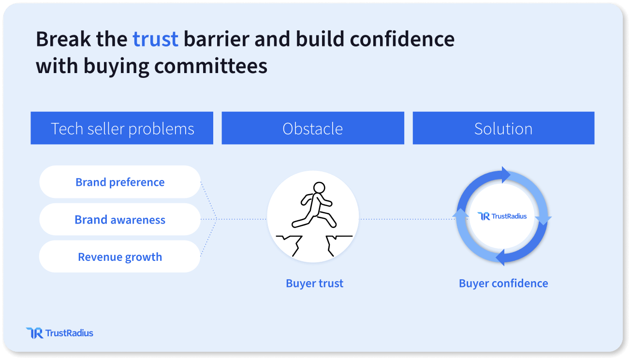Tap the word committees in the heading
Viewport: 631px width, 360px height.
[x=211, y=66]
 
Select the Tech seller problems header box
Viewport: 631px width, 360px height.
[x=122, y=128]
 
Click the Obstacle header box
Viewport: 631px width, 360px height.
[x=313, y=128]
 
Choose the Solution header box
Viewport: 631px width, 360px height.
[x=504, y=128]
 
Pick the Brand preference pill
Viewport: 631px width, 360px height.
[x=120, y=182]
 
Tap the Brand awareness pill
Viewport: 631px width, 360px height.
[x=120, y=219]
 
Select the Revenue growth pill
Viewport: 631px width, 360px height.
[x=120, y=256]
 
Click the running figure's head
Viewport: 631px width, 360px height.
[x=319, y=187]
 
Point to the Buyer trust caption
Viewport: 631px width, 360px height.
[x=315, y=284]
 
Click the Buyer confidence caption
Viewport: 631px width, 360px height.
[x=503, y=284]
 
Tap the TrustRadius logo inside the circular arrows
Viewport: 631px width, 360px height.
[x=502, y=216]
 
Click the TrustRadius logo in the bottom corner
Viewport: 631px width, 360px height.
[x=59, y=333]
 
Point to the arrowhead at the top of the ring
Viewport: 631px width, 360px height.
[x=505, y=175]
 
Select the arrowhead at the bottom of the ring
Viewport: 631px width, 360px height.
[x=500, y=257]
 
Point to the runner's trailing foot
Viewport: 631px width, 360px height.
[x=296, y=224]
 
